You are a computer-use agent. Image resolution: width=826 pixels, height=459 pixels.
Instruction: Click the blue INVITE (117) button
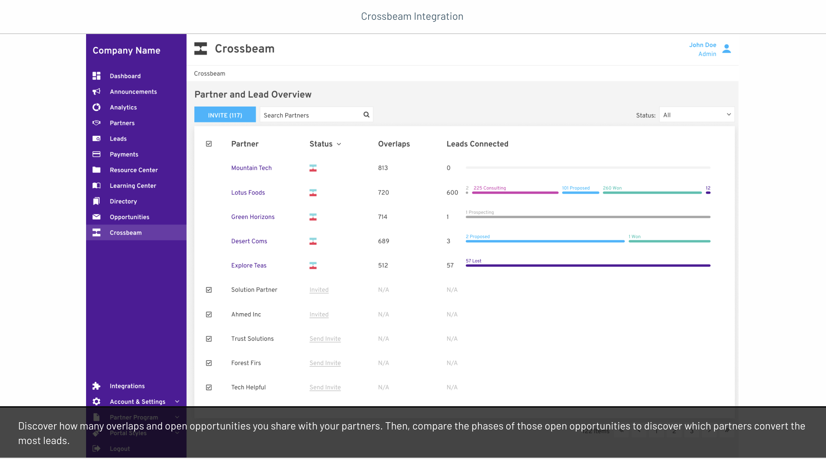click(225, 115)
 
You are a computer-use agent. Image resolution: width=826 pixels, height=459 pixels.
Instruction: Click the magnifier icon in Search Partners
click(366, 115)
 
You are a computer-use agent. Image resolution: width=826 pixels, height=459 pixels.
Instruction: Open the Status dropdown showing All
click(697, 115)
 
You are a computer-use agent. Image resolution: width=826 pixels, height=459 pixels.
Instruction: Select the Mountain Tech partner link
click(251, 168)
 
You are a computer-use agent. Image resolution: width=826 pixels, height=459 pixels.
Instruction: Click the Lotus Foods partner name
click(248, 193)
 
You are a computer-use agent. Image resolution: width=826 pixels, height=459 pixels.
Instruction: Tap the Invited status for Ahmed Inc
click(319, 315)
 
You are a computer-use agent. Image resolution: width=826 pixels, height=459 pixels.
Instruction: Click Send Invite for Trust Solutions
click(325, 339)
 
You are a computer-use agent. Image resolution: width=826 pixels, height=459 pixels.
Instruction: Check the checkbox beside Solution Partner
click(209, 290)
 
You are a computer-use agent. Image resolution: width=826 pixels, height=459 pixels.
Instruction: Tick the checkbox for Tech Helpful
click(209, 387)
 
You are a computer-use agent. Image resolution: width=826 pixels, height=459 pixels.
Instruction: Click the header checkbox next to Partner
click(209, 144)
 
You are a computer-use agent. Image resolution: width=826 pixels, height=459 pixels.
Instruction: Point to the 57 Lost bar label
click(473, 261)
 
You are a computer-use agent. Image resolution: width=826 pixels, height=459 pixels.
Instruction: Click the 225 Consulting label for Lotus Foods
click(489, 188)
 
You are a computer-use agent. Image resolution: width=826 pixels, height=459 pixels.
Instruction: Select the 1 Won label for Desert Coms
click(634, 237)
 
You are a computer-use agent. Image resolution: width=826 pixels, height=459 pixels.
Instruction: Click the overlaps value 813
click(383, 168)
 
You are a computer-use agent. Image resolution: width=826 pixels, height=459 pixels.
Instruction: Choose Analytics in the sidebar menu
click(123, 108)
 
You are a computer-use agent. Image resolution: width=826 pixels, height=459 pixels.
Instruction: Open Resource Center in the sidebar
click(134, 170)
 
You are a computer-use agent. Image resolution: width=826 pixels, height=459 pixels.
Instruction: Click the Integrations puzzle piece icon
click(96, 386)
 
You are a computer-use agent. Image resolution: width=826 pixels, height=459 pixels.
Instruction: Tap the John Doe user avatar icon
click(726, 49)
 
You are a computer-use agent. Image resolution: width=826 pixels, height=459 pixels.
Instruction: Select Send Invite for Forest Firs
click(325, 363)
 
